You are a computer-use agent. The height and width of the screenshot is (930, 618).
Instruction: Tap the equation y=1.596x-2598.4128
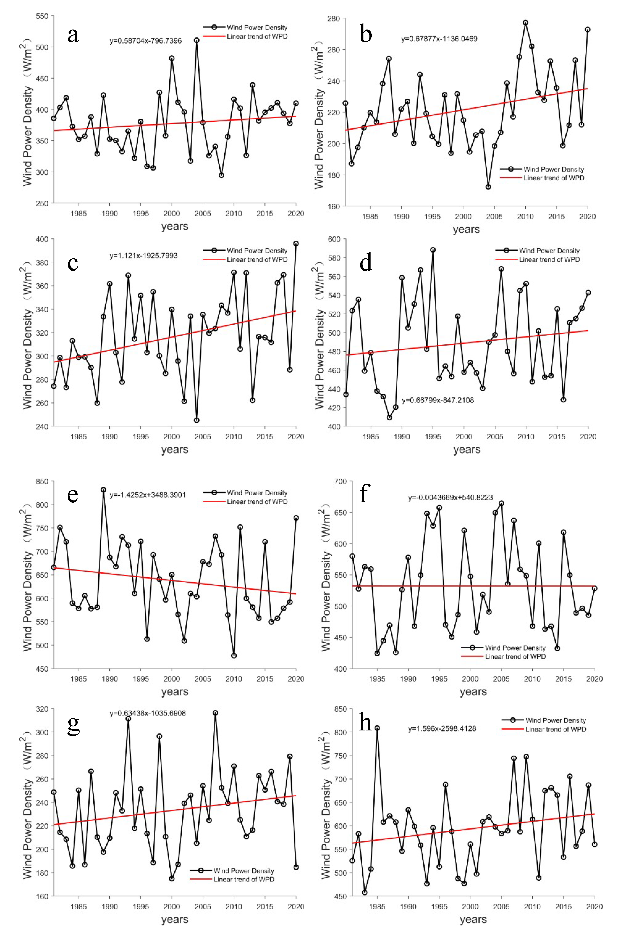[442, 729]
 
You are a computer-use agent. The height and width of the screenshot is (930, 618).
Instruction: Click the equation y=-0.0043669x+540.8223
[450, 498]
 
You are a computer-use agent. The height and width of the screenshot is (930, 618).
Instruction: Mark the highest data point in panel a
[196, 40]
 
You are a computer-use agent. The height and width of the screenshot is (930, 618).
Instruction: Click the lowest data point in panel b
[488, 187]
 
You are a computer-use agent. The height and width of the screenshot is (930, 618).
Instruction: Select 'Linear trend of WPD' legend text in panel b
[553, 178]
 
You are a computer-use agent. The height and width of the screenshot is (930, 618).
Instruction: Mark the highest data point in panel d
[433, 250]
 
